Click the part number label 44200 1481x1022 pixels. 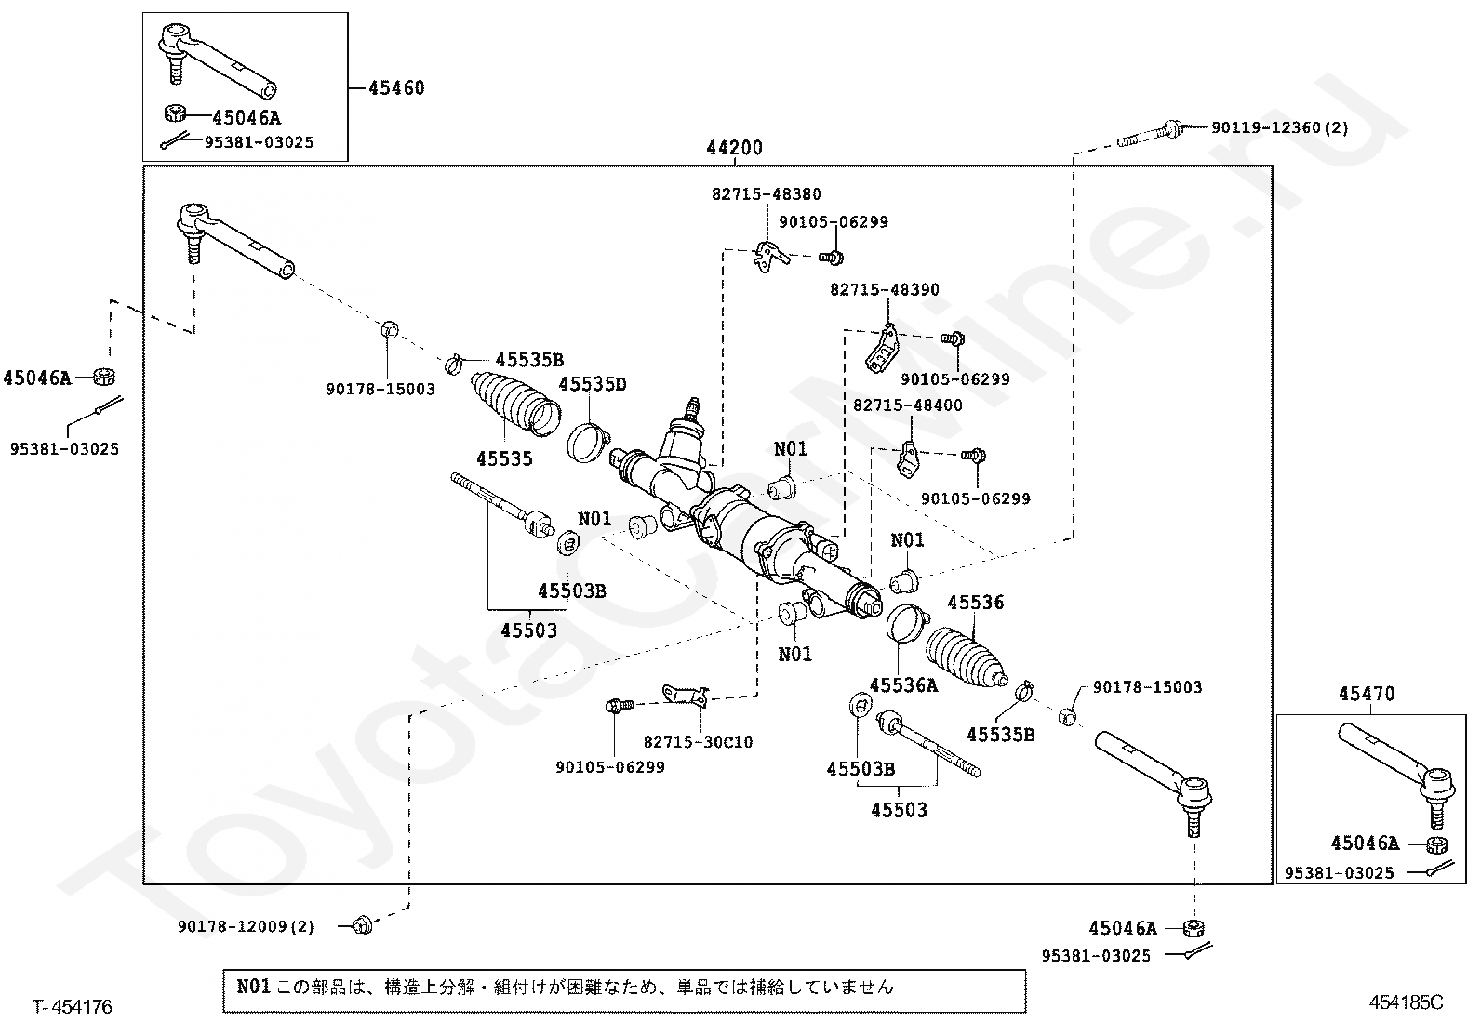[x=734, y=148]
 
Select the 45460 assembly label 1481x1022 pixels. [x=396, y=88]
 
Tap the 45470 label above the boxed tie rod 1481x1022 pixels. [x=1367, y=694]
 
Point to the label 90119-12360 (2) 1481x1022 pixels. [x=1279, y=127]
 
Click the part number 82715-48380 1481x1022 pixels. [x=767, y=194]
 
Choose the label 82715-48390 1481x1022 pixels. [x=885, y=289]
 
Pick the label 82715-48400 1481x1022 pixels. [x=908, y=405]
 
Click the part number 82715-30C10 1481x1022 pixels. [x=699, y=742]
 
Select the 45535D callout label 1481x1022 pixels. [x=593, y=384]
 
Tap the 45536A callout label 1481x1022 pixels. [x=903, y=684]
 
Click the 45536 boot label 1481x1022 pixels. [x=975, y=603]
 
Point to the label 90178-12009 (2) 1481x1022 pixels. [x=246, y=926]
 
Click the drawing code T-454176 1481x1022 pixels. [x=73, y=1007]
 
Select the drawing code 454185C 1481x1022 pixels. [x=1406, y=1002]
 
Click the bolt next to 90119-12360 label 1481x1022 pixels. [x=1150, y=133]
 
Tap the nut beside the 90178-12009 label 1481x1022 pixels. [x=362, y=925]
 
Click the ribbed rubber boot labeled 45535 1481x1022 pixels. [x=515, y=404]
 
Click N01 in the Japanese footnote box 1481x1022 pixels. [x=253, y=987]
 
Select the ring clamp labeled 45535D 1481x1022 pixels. [x=588, y=442]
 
